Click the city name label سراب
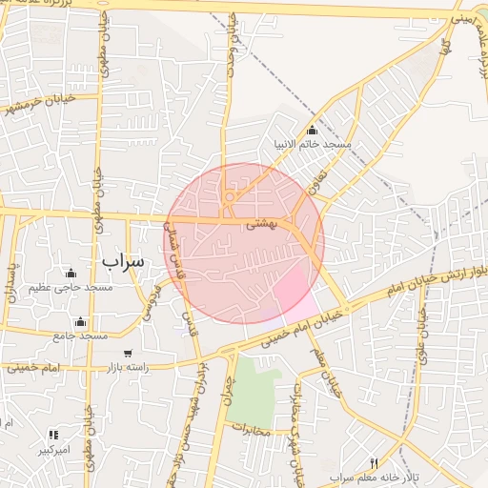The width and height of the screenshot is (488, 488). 122,259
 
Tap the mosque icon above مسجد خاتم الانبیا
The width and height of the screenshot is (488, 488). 312,131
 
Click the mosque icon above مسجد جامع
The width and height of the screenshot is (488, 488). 80,322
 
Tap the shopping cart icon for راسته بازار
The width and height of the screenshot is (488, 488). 128,354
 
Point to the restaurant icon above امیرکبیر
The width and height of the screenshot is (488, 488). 53,435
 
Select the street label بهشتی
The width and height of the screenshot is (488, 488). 261,226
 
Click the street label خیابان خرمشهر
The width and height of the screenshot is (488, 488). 38,102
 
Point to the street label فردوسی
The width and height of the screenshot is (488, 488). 150,299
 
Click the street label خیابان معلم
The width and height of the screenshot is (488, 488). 324,373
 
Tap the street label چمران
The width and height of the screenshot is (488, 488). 227,387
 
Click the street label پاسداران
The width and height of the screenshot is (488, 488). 11,282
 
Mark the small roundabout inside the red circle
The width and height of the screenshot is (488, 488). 230,197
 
